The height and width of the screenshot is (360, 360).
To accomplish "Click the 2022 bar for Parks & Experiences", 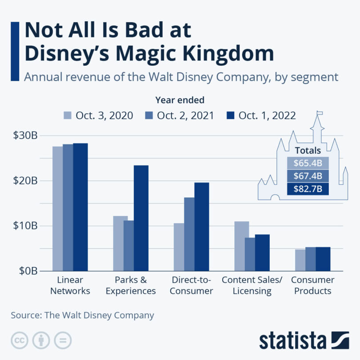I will pyautogui.click(x=141, y=218).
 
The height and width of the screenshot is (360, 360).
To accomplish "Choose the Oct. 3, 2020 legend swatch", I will pyautogui.click(x=67, y=116).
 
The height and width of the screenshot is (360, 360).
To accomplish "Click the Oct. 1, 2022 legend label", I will pyautogui.click(x=267, y=116).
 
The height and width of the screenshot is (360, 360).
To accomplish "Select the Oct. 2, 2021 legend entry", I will pyautogui.click(x=180, y=116).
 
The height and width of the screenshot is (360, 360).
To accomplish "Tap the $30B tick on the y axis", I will pyautogui.click(x=25, y=136).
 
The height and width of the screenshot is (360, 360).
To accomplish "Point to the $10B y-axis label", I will pyautogui.click(x=25, y=225).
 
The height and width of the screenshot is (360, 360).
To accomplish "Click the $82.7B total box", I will pyautogui.click(x=308, y=189).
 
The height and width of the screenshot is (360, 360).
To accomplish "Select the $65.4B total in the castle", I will pyautogui.click(x=308, y=163).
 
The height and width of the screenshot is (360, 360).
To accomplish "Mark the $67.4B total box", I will pyautogui.click(x=308, y=176).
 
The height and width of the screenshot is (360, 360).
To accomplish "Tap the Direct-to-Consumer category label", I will pyautogui.click(x=192, y=286).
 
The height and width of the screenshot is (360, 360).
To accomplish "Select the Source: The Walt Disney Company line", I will pyautogui.click(x=82, y=315).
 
